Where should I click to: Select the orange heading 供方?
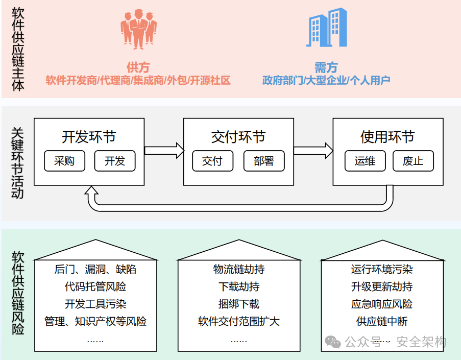(138, 67)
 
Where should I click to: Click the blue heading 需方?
(326, 67)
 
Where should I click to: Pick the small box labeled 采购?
(64, 161)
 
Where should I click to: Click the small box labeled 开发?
(115, 161)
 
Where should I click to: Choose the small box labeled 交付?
(213, 161)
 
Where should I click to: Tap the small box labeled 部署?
(264, 161)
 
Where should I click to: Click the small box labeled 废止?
(413, 161)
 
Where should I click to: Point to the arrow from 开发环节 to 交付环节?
(164, 150)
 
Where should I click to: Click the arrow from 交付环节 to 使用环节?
(313, 150)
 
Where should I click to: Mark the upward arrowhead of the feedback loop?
(92, 192)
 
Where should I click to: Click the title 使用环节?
(387, 137)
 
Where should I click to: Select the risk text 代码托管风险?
(95, 286)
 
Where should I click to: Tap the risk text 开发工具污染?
(95, 304)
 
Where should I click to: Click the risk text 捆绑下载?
(238, 304)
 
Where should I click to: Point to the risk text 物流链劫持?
(238, 269)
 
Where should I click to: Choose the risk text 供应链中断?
(382, 321)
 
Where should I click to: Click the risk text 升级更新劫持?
(382, 286)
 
